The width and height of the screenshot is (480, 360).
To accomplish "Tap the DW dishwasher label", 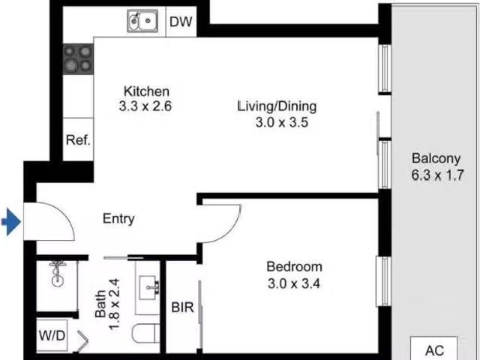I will point(180,22).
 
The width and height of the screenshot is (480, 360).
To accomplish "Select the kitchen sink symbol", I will point(142,22).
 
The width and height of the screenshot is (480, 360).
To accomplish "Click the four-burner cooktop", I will point(77,58).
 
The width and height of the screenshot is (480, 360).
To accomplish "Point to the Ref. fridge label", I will point(78,140).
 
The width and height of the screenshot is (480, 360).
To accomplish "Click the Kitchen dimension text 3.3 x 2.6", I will point(145,106).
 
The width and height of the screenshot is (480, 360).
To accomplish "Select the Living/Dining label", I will point(277,106).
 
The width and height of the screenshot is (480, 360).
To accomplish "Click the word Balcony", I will point(435,159).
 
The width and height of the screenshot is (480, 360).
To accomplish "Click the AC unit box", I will point(435,349).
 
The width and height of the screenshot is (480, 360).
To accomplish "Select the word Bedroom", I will point(295,266).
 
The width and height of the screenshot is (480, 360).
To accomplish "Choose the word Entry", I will point(118,219).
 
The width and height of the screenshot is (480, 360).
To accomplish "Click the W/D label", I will point(51,333).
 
